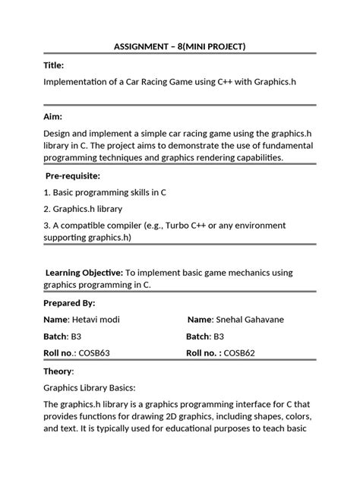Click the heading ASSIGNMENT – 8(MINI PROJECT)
point(180,47)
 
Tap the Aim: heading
point(53,117)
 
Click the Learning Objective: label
point(84,272)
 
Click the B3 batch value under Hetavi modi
point(78,336)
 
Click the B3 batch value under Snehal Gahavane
point(219,336)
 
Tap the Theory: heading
point(59,371)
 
